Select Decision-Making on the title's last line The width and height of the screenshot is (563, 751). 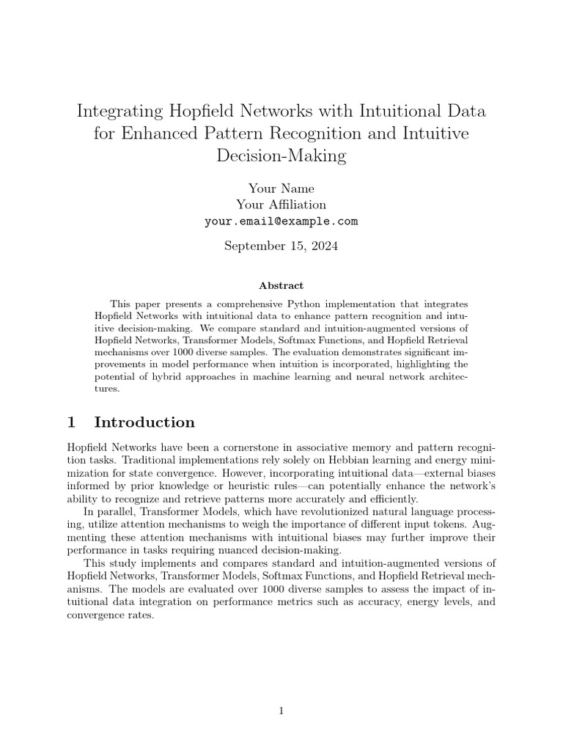(x=281, y=156)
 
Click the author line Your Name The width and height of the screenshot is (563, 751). (x=281, y=188)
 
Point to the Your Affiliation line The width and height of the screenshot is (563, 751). (x=281, y=205)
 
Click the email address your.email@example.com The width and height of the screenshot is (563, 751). (x=281, y=221)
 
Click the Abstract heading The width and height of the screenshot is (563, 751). (x=281, y=285)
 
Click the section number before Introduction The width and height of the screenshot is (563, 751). (x=71, y=422)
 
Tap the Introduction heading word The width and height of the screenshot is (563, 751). (x=144, y=422)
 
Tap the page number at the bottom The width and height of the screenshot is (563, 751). (x=281, y=710)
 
